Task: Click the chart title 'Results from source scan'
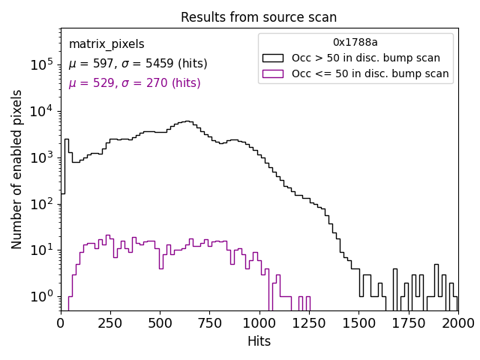click(259, 17)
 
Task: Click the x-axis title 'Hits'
click(259, 341)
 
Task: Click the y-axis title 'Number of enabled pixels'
click(17, 169)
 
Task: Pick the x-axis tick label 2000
click(457, 322)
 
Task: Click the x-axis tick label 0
click(61, 322)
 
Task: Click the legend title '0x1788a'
click(355, 43)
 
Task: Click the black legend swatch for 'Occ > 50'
click(273, 58)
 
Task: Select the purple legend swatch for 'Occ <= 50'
click(273, 73)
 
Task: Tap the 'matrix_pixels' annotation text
click(106, 45)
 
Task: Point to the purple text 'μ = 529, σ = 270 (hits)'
click(135, 83)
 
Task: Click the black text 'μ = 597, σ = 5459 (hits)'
click(138, 64)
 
